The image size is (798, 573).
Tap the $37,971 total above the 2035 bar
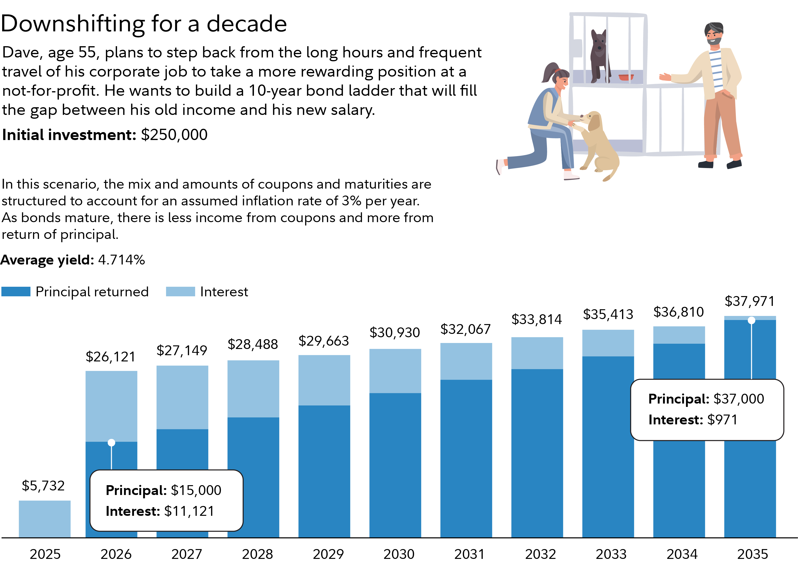pyautogui.click(x=749, y=301)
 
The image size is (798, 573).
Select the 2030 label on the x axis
pyautogui.click(x=399, y=554)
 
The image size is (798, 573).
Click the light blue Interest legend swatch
pyautogui.click(x=180, y=292)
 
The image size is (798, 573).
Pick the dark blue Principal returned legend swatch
pyautogui.click(x=16, y=292)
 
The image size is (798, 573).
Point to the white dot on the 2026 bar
pyautogui.click(x=111, y=443)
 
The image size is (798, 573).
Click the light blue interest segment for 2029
pyautogui.click(x=324, y=380)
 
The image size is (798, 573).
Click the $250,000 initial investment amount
pyautogui.click(x=174, y=135)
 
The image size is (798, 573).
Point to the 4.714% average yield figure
pyautogui.click(x=121, y=260)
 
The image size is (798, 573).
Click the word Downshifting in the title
pyautogui.click(x=73, y=24)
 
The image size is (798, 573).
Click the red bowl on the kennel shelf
pyautogui.click(x=626, y=77)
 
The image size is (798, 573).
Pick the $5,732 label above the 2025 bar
pyautogui.click(x=43, y=486)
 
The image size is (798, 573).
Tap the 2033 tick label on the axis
pyautogui.click(x=611, y=554)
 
